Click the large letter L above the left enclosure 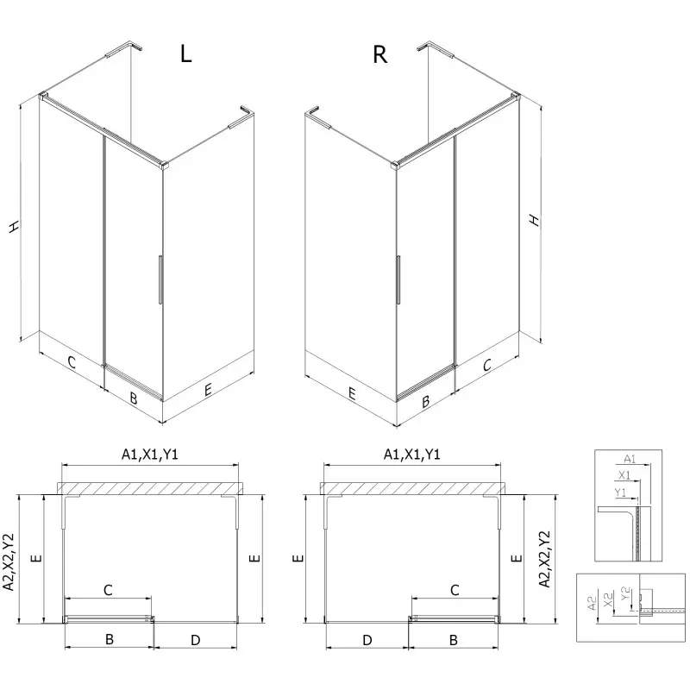(185, 53)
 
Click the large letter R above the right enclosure (379, 54)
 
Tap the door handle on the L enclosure (160, 279)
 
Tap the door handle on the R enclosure (398, 279)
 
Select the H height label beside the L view (14, 227)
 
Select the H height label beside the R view (534, 220)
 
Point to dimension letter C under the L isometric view (72, 362)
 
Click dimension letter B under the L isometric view (134, 398)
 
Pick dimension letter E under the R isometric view (352, 393)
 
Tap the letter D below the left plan (196, 640)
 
